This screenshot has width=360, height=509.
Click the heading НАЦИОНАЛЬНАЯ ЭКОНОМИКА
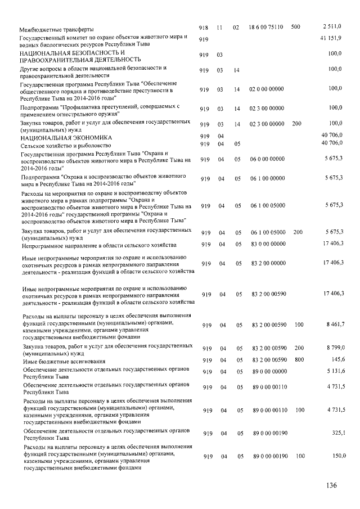[x=66, y=137]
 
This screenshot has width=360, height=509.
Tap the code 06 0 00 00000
[x=267, y=160]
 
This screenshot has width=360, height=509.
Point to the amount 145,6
[x=336, y=359]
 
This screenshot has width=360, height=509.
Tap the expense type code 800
[x=299, y=360]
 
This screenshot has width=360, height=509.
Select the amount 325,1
[x=336, y=433]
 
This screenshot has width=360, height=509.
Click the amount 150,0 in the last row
[x=336, y=456]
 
